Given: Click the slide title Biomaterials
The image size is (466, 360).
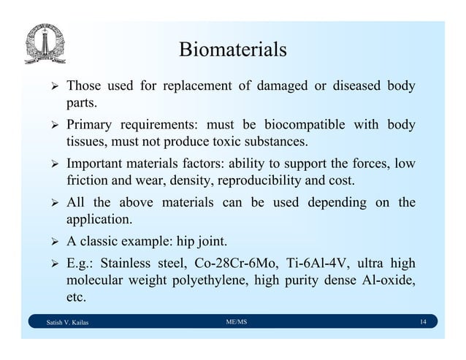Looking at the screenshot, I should pyautogui.click(x=232, y=50).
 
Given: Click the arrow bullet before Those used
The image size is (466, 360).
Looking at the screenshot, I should pyautogui.click(x=51, y=86).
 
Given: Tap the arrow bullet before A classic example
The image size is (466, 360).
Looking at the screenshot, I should pyautogui.click(x=51, y=242).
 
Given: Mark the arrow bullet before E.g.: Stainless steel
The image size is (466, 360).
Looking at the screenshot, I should pyautogui.click(x=51, y=264).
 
